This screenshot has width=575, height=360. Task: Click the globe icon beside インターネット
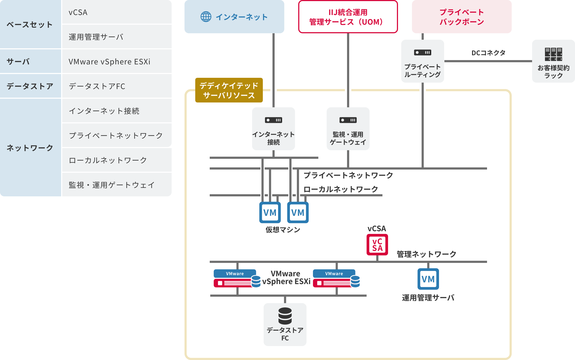click(206, 17)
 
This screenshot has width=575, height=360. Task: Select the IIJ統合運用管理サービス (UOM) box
click(348, 17)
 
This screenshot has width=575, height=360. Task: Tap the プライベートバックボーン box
click(462, 17)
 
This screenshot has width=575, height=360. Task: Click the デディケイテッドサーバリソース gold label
click(229, 90)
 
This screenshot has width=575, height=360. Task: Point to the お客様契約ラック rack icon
click(553, 54)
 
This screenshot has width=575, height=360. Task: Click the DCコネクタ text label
click(488, 53)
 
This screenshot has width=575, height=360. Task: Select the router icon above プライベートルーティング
click(422, 53)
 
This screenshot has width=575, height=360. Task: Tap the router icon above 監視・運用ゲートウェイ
click(348, 120)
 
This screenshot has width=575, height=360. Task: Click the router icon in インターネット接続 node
click(273, 120)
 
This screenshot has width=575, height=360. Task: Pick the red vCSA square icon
click(377, 245)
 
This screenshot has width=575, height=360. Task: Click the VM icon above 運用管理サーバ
click(428, 279)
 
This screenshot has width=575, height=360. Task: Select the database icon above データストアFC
click(285, 316)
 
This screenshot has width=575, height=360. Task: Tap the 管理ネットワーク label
click(426, 254)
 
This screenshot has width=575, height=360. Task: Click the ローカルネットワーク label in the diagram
click(341, 189)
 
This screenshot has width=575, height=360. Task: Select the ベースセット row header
click(30, 25)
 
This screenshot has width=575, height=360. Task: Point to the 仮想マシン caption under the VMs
click(283, 230)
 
